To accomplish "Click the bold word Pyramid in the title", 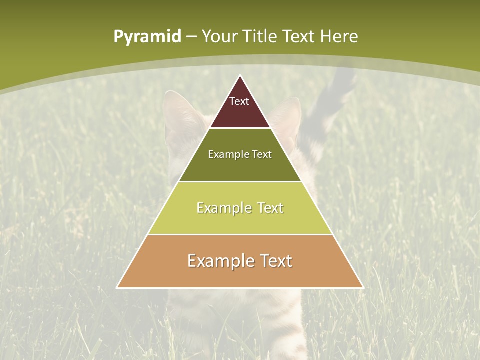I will point(147,36).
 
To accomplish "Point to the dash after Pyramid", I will point(191,37).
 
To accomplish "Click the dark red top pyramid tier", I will point(240,112).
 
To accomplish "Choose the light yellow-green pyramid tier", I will point(240,220).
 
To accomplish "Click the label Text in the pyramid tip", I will point(239,101).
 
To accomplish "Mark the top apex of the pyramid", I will point(240,76).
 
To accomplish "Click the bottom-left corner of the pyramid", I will point(117,287).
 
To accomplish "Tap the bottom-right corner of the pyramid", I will point(362,287).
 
